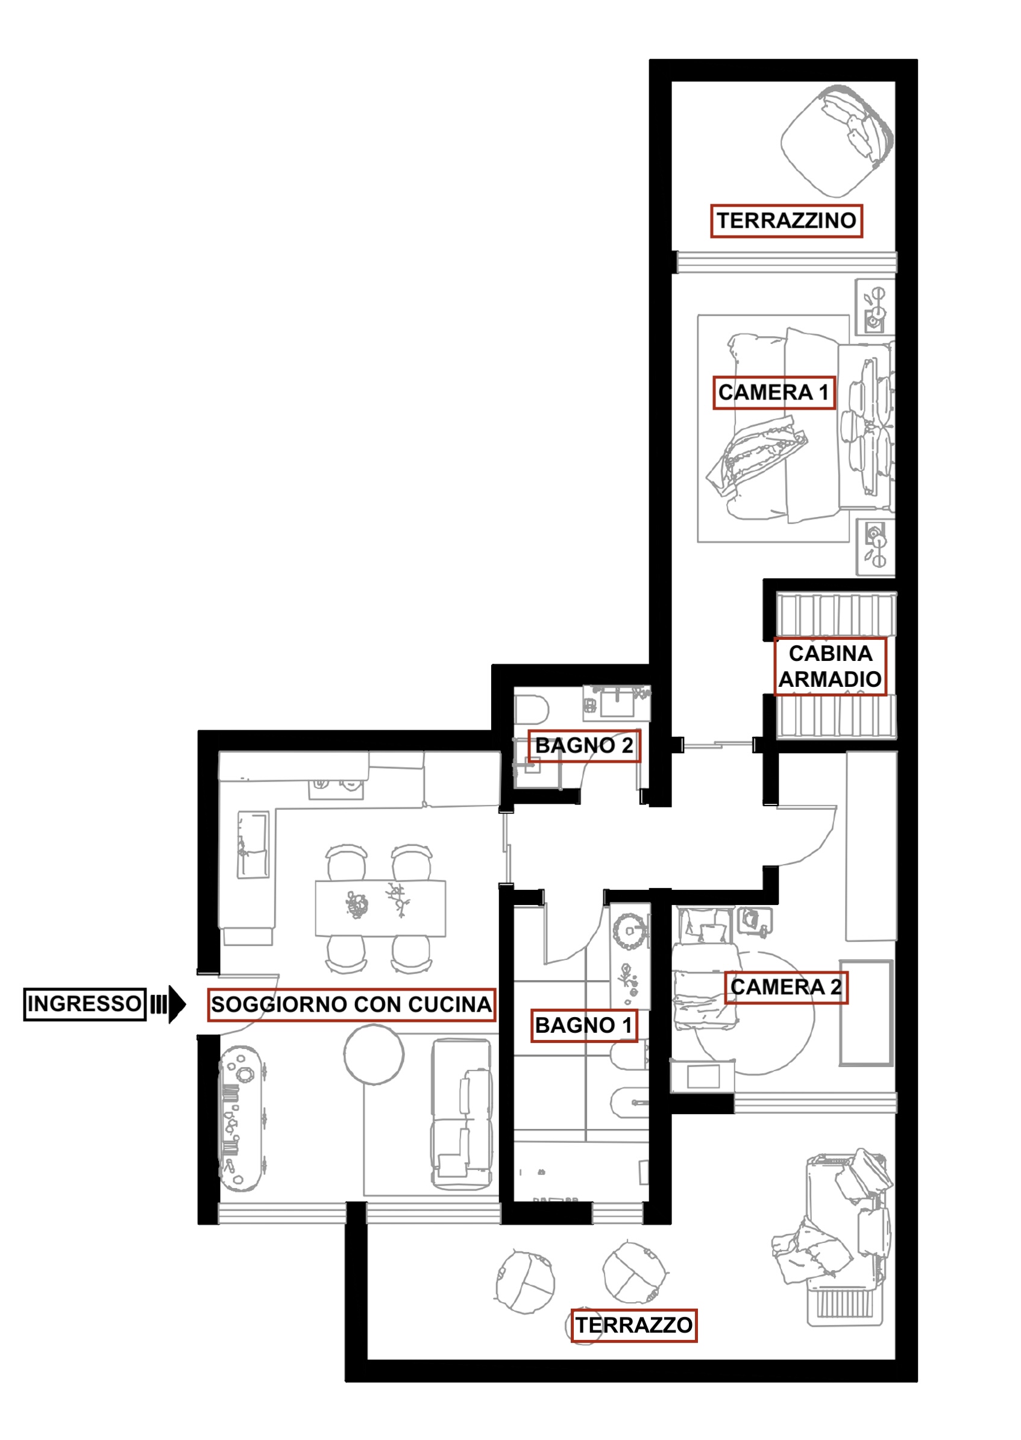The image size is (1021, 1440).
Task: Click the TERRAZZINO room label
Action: pyautogui.click(x=786, y=221)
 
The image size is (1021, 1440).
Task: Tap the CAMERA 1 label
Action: pyautogui.click(x=773, y=393)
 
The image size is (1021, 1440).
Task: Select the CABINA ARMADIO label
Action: pyautogui.click(x=830, y=666)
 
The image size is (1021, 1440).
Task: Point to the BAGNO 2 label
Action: pyautogui.click(x=584, y=745)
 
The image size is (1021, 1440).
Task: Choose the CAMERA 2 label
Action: pyautogui.click(x=786, y=987)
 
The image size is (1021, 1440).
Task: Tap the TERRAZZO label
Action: pyautogui.click(x=633, y=1325)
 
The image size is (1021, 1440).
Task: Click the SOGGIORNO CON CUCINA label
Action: pyautogui.click(x=351, y=1004)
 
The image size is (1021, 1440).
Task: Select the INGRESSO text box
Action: pyautogui.click(x=85, y=1004)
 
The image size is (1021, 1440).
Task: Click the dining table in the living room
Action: pyautogui.click(x=380, y=908)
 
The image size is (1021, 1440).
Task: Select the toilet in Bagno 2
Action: pyautogui.click(x=531, y=710)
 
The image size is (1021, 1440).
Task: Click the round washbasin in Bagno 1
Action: pyautogui.click(x=629, y=931)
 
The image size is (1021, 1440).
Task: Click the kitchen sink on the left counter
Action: pyautogui.click(x=253, y=844)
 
